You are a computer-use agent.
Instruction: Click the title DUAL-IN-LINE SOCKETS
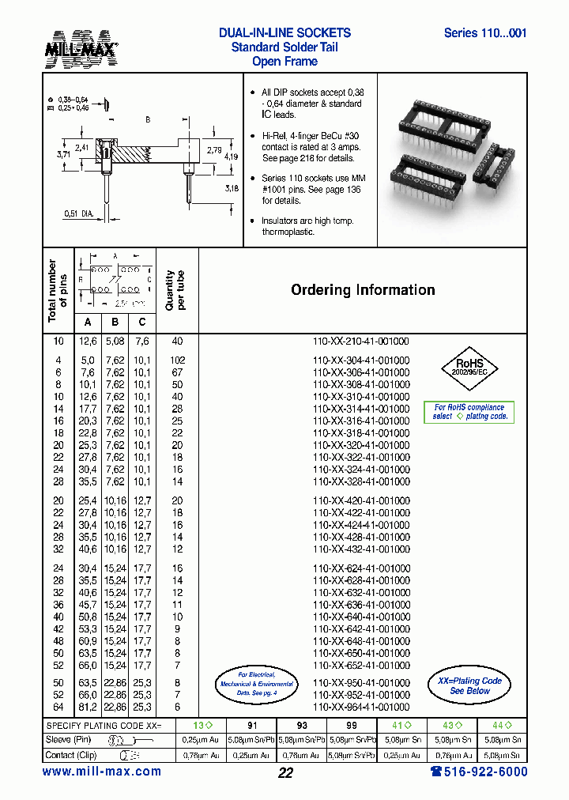click(284, 33)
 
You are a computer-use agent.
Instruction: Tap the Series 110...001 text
click(485, 33)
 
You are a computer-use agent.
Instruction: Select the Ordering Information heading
click(363, 290)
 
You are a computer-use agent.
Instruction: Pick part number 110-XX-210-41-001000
click(361, 342)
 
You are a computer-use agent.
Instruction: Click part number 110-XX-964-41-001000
click(361, 708)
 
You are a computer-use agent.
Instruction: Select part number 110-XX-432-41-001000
click(361, 549)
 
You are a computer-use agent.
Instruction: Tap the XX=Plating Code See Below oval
click(469, 685)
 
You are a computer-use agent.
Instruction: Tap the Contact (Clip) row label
click(70, 754)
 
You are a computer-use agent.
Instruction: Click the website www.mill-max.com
click(101, 772)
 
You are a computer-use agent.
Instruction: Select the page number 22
click(285, 773)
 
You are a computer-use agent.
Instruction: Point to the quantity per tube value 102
click(177, 360)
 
